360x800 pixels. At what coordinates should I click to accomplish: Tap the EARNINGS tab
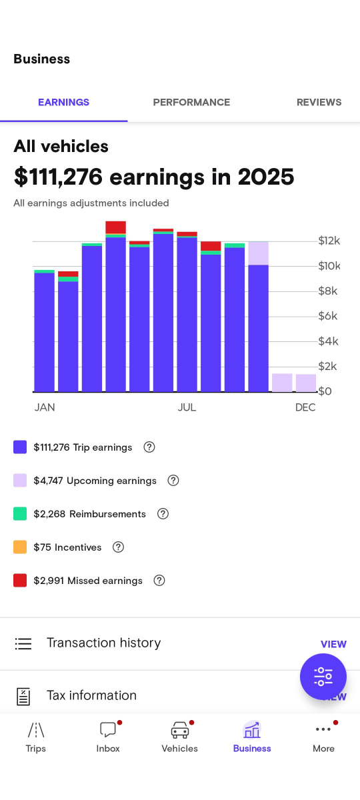63,102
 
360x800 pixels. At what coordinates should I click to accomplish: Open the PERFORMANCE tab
191,102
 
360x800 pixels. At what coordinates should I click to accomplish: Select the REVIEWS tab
319,102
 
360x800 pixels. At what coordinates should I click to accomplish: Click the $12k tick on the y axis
329,241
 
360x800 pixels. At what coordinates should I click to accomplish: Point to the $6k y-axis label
328,316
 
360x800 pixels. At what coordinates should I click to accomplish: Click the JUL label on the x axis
187,407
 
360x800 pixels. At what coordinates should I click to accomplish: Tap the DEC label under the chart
305,407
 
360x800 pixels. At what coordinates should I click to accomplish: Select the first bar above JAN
44,331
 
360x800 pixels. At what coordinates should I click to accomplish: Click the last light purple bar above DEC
306,383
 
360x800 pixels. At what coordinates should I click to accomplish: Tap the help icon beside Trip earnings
149,447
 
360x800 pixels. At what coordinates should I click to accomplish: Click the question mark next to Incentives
118,547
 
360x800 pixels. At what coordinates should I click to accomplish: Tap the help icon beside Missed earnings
159,580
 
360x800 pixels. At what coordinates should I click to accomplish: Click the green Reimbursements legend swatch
20,513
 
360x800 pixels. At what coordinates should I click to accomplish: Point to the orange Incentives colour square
20,547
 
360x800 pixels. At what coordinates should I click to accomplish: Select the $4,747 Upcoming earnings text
95,481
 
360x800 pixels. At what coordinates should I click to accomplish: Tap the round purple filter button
323,677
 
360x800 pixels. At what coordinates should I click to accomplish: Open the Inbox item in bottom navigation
108,737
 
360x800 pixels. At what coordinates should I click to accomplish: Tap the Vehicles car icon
179,730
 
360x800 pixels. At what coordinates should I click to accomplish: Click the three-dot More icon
323,730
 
